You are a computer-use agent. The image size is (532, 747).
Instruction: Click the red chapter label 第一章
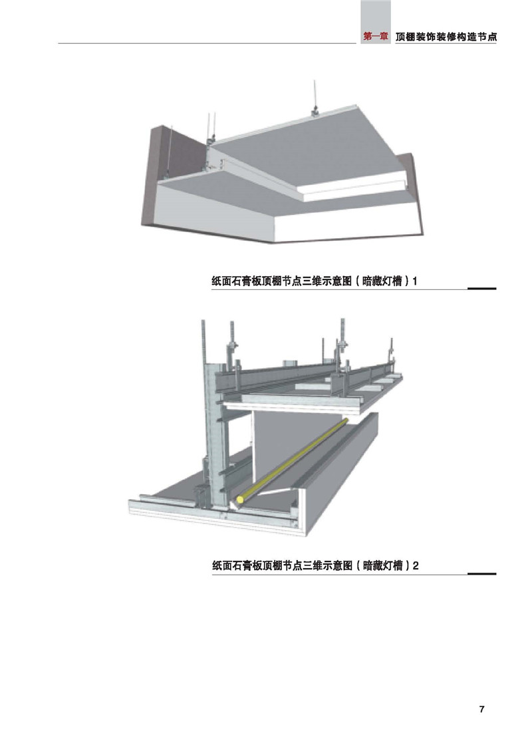(376, 37)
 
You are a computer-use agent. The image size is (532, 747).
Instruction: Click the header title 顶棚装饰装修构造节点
(446, 37)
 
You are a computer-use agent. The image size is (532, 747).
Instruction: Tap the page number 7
(481, 709)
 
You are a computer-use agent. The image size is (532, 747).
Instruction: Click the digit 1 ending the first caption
(415, 281)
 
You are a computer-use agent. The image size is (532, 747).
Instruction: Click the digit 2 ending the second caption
(416, 565)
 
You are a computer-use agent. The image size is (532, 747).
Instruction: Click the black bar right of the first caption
(482, 288)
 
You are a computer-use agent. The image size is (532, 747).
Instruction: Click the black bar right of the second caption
(482, 573)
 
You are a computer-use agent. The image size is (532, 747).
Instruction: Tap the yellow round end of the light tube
(241, 500)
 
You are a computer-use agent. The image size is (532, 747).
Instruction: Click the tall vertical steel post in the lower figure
(215, 434)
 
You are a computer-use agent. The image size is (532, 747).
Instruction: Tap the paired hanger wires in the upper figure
(209, 128)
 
